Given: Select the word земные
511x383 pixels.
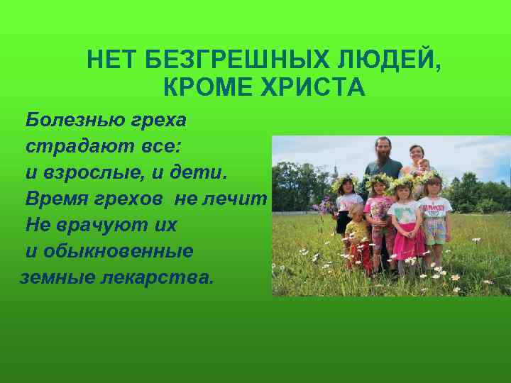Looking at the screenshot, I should pyautogui.click(x=59, y=277).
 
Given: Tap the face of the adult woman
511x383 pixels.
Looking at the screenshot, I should pyautogui.click(x=416, y=153).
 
